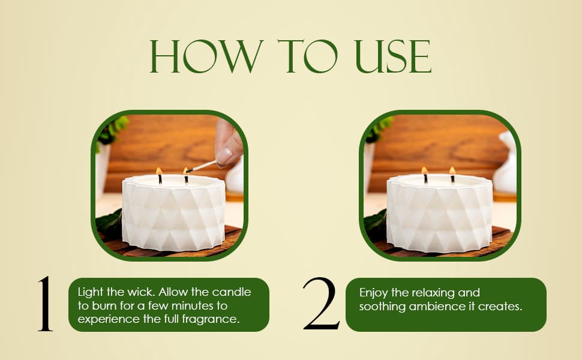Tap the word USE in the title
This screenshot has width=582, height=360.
393,56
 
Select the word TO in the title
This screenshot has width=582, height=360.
308,56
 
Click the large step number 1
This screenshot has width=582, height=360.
45,304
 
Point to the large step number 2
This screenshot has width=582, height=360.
321,304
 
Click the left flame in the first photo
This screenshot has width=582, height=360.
159,171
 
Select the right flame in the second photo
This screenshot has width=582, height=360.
452,171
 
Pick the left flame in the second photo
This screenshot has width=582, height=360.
425,171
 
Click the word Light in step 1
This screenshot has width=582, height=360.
90,292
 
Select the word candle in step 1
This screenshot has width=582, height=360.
232,292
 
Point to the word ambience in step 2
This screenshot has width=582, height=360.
437,307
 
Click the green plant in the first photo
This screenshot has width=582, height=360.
112,130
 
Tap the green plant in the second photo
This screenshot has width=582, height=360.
379,129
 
